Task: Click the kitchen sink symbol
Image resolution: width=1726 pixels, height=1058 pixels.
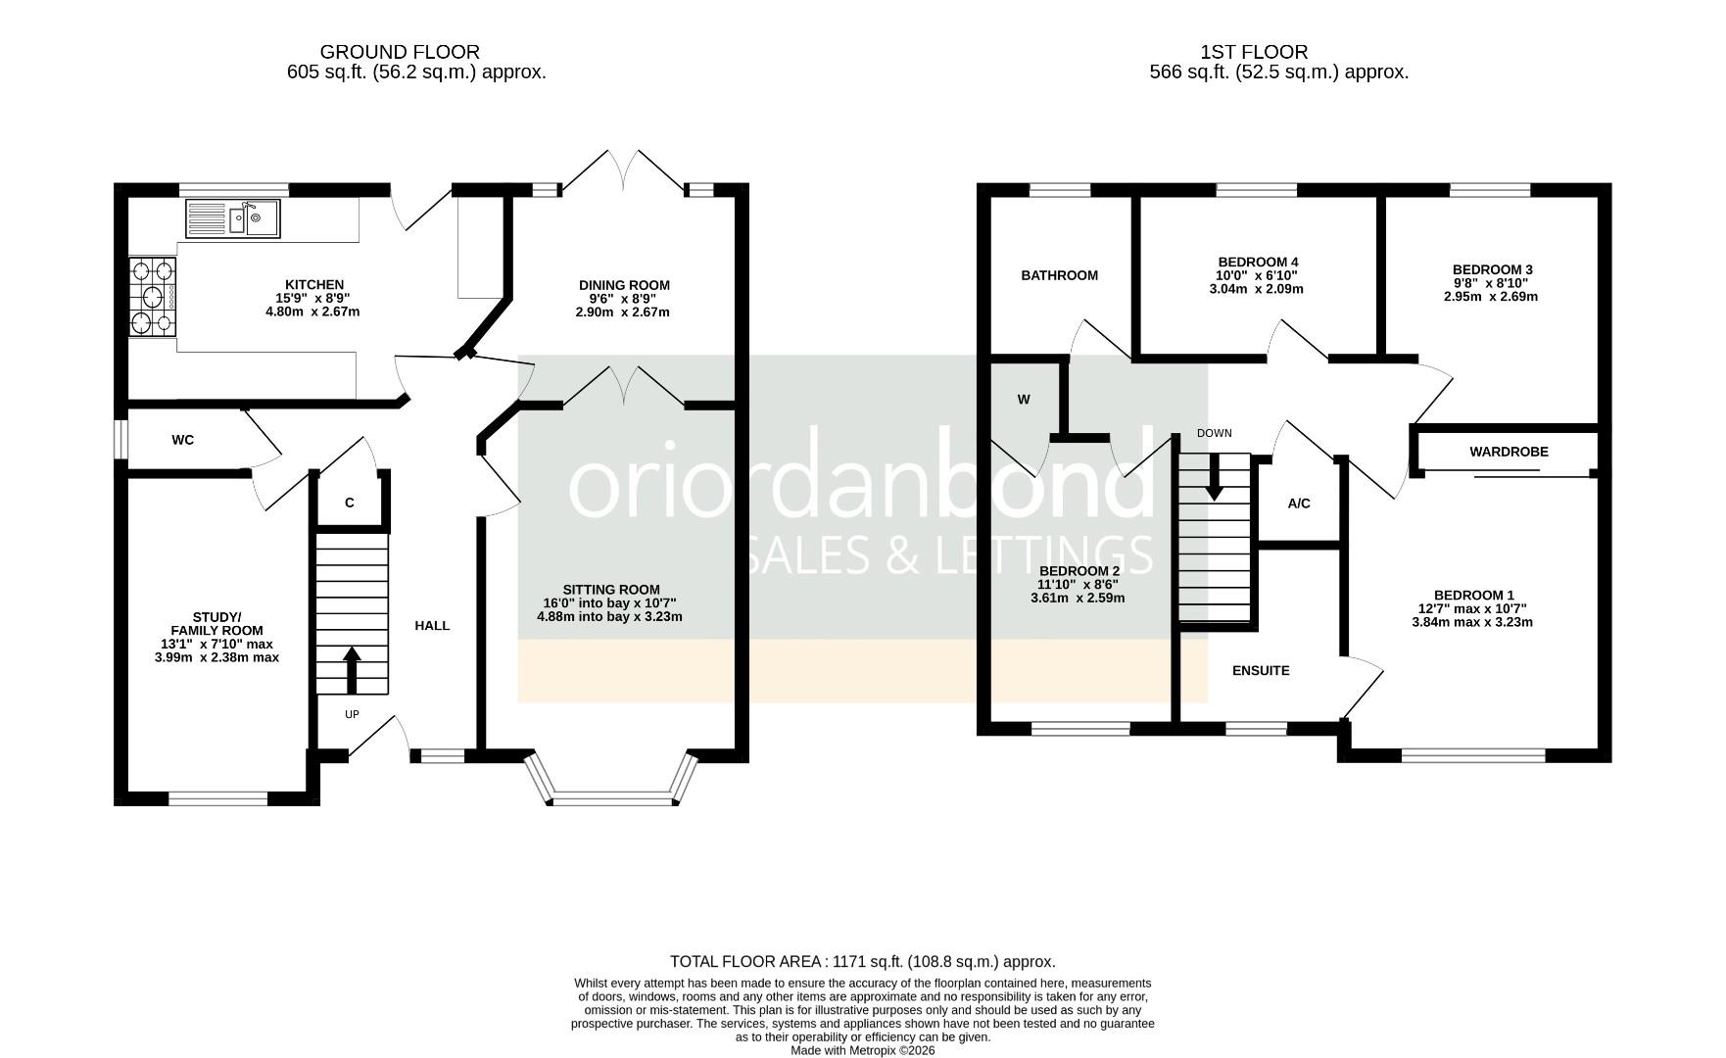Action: pos(232,218)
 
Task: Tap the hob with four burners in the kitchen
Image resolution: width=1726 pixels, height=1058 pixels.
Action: pos(152,297)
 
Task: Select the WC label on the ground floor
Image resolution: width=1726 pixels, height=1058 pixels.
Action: pos(183,441)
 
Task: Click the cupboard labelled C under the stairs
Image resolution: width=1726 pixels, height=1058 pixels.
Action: pos(350,504)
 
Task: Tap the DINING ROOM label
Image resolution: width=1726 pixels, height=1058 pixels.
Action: pos(624,286)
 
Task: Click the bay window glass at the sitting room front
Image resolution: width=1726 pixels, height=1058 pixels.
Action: pos(613,798)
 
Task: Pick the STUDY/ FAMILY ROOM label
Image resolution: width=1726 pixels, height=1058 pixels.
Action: pos(216,624)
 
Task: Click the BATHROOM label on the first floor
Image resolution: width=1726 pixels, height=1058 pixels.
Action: pos(1059,276)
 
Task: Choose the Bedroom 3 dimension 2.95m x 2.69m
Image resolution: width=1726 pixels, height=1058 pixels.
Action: pos(1491,297)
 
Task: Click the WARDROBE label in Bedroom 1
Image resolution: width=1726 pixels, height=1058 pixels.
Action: pos(1509,453)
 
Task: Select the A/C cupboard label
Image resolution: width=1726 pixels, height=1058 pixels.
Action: pos(1298,505)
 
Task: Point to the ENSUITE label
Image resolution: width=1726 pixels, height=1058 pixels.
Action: pos(1261,671)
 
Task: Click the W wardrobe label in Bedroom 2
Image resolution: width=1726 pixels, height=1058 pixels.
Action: pos(1024,400)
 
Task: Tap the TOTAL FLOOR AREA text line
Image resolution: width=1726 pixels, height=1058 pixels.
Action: pos(862,962)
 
